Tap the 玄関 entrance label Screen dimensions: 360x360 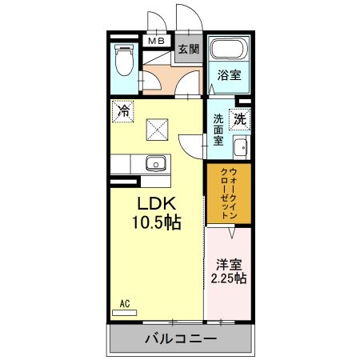(x=187, y=49)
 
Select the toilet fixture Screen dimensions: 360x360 (x=124, y=60)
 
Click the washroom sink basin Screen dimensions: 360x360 (x=239, y=148)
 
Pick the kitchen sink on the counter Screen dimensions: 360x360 (x=155, y=165)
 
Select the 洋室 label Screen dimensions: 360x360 (x=228, y=263)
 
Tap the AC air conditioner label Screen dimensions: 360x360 (x=125, y=303)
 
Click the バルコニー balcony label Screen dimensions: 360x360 (x=180, y=339)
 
